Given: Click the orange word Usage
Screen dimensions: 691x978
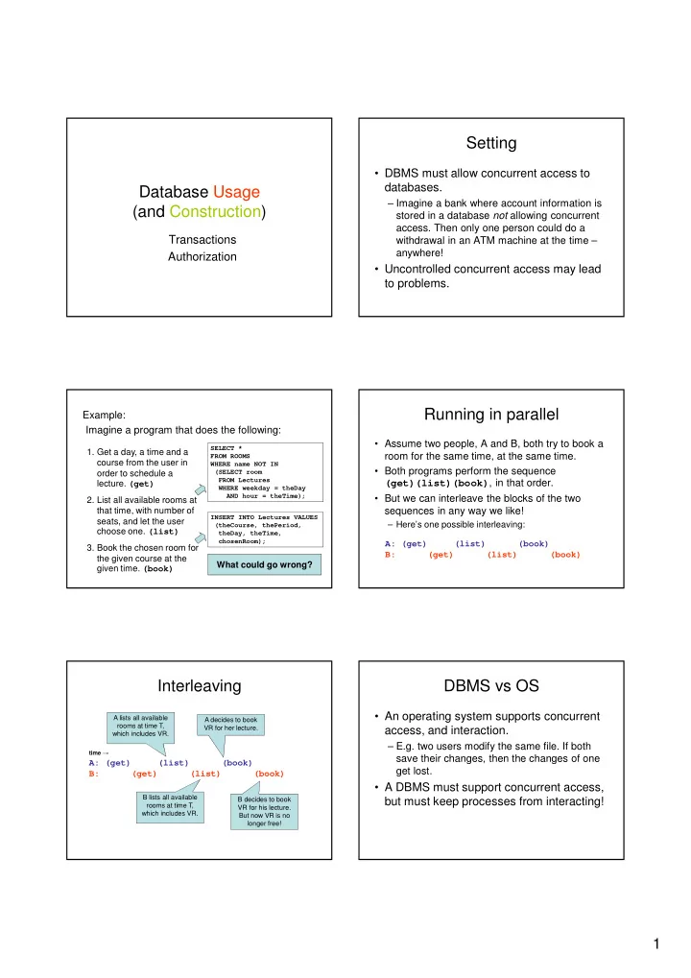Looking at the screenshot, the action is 236,192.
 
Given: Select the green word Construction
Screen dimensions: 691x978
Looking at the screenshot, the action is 215,211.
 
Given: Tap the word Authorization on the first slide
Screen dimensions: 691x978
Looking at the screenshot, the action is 203,256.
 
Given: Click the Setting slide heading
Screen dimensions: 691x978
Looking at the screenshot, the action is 491,143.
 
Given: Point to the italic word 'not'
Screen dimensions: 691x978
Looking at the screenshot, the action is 500,215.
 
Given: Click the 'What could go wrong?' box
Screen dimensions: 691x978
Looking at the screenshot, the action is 265,564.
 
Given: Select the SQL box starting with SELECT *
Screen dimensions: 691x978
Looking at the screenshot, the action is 265,472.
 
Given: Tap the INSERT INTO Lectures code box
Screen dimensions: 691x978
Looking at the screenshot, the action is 265,529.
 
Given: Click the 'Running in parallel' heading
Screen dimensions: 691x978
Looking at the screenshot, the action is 491,415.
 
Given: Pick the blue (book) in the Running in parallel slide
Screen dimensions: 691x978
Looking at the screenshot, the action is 534,544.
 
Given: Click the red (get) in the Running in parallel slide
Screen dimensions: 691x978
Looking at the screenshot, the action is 441,555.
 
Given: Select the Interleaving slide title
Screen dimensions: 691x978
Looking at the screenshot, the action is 200,686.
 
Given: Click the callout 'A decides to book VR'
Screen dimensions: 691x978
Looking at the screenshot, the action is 230,724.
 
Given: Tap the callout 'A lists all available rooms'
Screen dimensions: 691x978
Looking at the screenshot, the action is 141,726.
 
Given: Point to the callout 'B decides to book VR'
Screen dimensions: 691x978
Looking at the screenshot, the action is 264,811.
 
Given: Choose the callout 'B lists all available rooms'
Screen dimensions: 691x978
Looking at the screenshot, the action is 170,805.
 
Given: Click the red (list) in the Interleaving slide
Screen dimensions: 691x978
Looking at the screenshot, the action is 205,774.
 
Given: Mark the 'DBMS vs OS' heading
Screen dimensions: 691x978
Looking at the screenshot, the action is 491,686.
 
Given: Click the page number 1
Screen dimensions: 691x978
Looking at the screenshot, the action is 656,943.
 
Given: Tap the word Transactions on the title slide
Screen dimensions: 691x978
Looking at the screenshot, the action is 203,240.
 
